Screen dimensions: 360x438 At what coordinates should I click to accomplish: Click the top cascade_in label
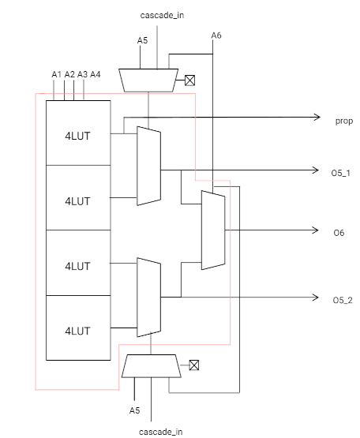click(162, 15)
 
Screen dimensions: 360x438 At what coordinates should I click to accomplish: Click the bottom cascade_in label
click(161, 432)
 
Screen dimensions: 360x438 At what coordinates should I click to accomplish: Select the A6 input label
click(216, 36)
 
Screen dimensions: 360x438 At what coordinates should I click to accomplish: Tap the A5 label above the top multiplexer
click(142, 40)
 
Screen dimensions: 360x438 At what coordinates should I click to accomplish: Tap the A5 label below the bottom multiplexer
click(134, 410)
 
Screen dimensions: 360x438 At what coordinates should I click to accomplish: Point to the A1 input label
click(57, 74)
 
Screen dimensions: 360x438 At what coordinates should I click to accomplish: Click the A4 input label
click(96, 74)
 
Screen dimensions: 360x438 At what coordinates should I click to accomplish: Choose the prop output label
click(344, 122)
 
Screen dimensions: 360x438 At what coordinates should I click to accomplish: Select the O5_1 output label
click(341, 173)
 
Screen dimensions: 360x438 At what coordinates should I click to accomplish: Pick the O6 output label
click(339, 233)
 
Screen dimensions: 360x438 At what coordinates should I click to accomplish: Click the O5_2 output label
click(343, 301)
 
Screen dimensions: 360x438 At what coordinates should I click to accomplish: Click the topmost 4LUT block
click(78, 133)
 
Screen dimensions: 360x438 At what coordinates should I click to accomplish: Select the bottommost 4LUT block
click(78, 328)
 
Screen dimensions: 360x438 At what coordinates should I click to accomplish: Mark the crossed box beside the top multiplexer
click(189, 80)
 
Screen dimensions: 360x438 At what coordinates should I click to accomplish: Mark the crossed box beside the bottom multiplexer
click(194, 365)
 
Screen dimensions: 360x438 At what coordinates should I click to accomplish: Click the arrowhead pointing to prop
click(317, 117)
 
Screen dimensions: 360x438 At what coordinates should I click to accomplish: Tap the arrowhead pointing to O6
click(316, 230)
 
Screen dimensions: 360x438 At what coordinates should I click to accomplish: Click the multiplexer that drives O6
click(213, 230)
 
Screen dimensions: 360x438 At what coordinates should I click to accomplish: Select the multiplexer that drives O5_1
click(148, 166)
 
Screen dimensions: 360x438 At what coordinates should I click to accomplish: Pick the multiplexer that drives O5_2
click(148, 298)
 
